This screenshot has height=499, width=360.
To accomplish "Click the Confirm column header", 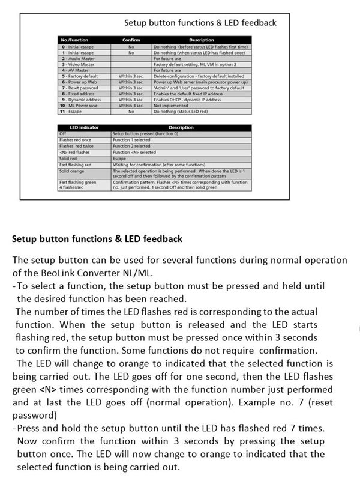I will pyautogui.click(x=131, y=40).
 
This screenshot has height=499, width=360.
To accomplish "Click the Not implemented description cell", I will pyautogui.click(x=167, y=105).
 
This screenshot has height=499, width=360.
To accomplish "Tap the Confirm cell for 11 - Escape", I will pyautogui.click(x=131, y=111).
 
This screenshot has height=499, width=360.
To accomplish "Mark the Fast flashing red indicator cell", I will pyautogui.click(x=76, y=164).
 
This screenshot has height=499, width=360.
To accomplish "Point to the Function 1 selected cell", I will pyautogui.click(x=131, y=140).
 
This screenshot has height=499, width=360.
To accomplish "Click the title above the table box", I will pyautogui.click(x=200, y=23).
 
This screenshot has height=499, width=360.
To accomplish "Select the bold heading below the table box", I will pyautogui.click(x=97, y=239).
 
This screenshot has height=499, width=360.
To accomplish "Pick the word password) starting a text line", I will pyautogui.click(x=34, y=415).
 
